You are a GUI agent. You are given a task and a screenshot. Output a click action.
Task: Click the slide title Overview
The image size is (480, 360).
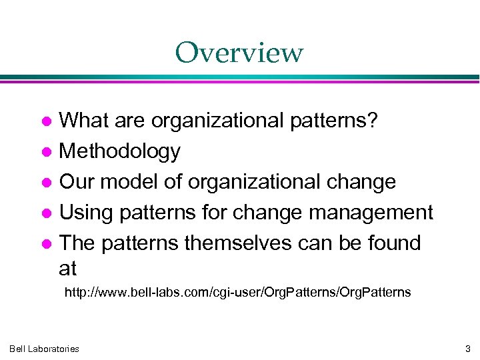click(x=239, y=53)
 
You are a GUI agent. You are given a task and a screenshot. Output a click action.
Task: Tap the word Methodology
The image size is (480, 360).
click(x=119, y=152)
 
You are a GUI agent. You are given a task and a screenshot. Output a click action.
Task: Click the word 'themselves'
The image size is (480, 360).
click(x=237, y=243)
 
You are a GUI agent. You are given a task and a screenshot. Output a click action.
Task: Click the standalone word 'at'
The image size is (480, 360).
click(x=68, y=269)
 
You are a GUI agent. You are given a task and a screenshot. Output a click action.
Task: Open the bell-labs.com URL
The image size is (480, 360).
click(x=237, y=292)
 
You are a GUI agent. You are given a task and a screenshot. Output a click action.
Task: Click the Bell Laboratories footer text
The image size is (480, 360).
click(x=44, y=349)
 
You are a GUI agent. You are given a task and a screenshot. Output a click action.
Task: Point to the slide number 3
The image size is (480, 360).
click(x=467, y=349)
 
